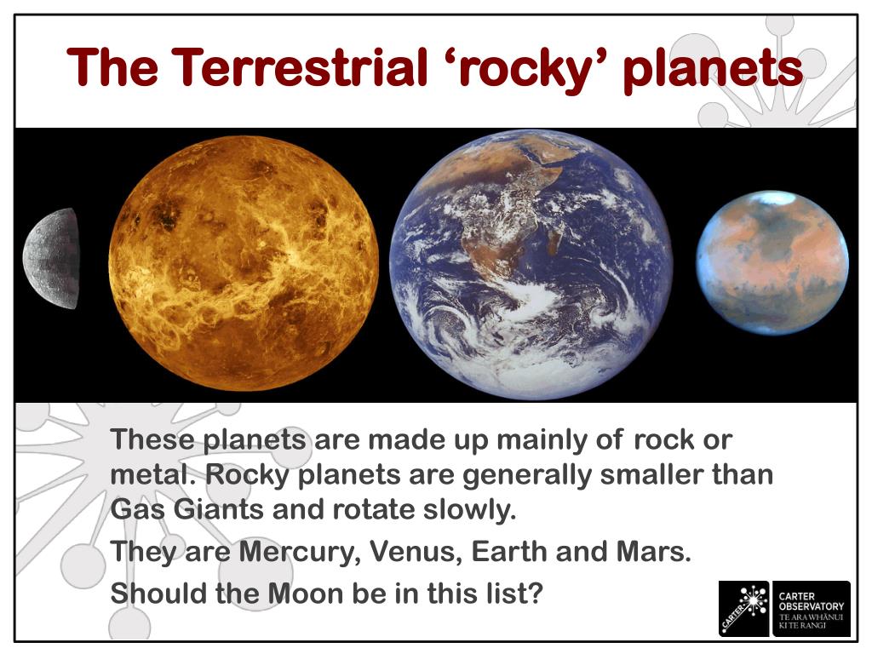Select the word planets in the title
(712, 68)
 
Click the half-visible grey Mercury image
(52, 258)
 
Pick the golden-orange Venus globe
(244, 263)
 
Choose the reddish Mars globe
(772, 261)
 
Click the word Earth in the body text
(509, 553)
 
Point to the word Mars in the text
(652, 553)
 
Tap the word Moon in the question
(306, 592)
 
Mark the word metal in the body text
(149, 475)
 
